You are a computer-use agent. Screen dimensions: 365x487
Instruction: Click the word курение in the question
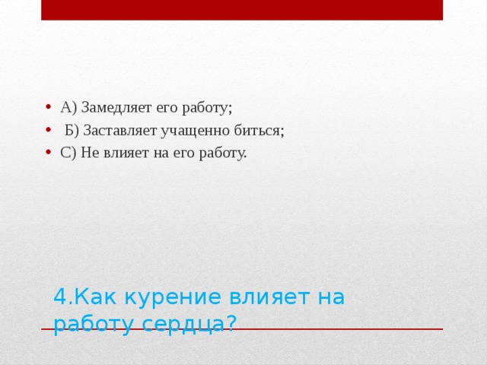pos(155,297)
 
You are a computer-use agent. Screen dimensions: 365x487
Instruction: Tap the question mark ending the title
pos(230,323)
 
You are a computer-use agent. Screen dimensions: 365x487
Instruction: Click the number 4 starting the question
pos(60,297)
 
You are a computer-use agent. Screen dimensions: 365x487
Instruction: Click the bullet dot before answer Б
pos(48,130)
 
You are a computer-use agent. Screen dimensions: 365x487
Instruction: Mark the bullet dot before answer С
pos(48,152)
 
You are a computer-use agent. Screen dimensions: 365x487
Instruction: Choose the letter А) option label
pos(68,107)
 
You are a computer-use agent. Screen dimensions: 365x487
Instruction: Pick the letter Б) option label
pos(72,130)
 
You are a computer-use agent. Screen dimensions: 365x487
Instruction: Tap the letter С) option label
pos(68,153)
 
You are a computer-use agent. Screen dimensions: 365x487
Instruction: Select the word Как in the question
pos(92,297)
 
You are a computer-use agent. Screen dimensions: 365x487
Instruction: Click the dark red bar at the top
pos(242,10)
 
